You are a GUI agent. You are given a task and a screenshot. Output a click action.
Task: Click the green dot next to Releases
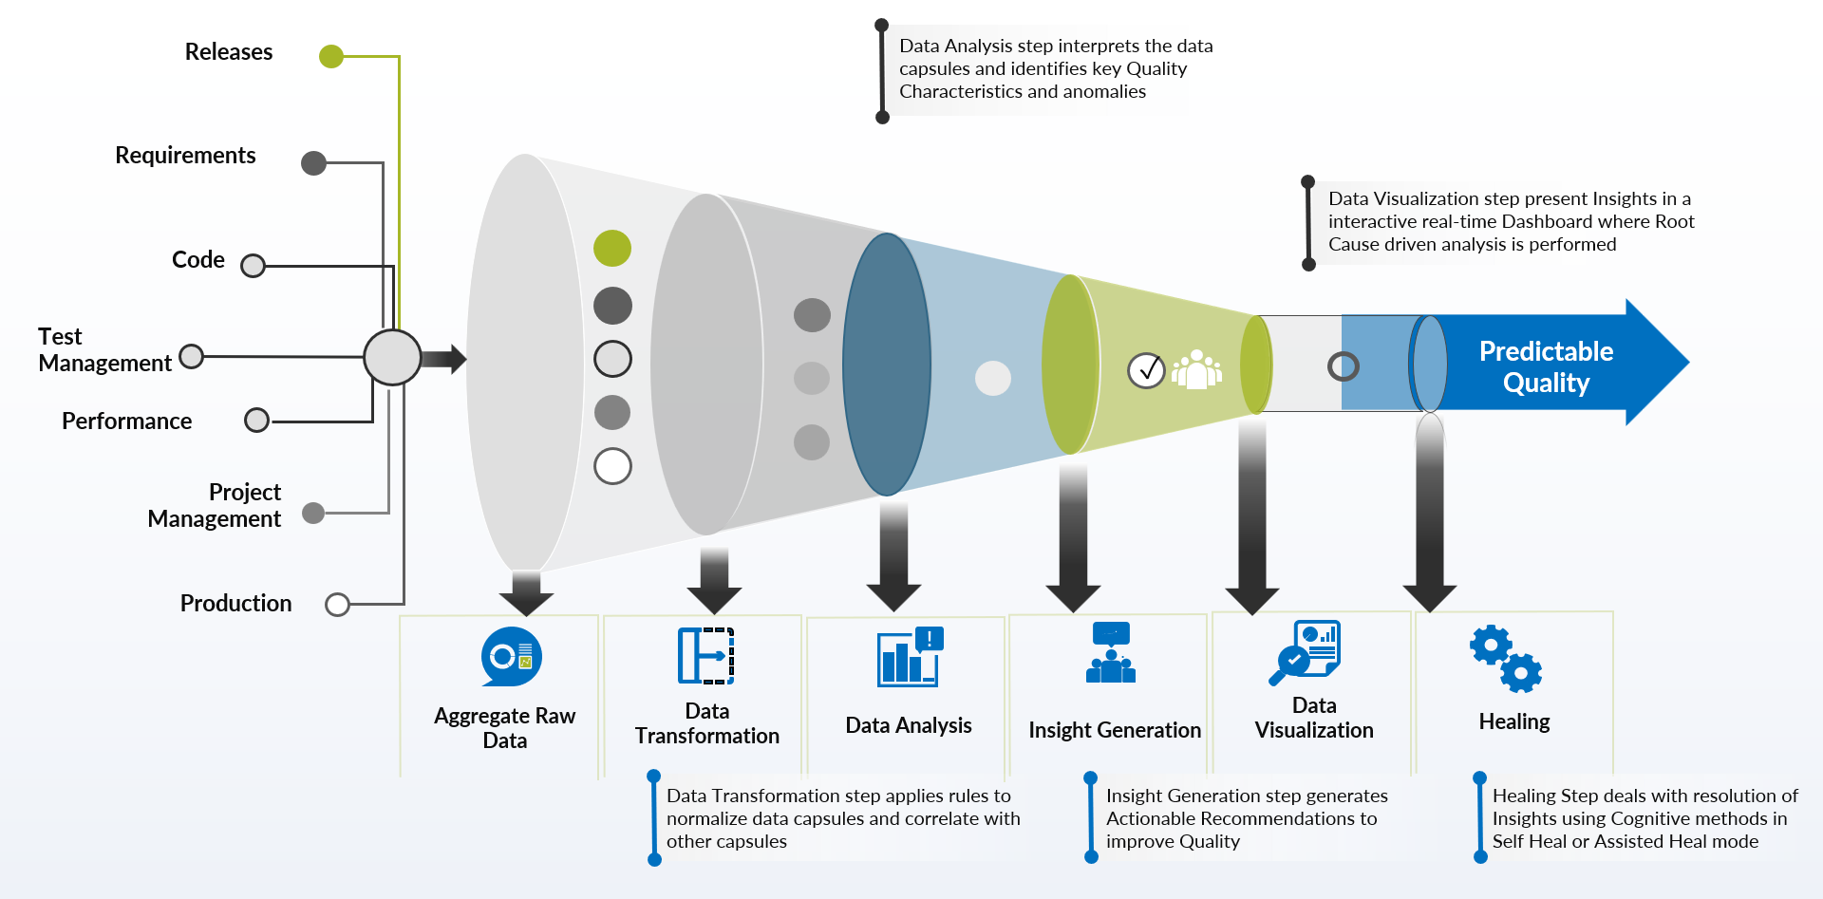click(330, 56)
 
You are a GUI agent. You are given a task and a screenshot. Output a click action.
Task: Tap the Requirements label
click(185, 156)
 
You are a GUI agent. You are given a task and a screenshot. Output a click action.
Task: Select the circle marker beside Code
click(253, 265)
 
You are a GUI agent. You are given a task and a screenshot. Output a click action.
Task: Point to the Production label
click(235, 604)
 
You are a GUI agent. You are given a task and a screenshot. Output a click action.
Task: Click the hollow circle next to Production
click(337, 605)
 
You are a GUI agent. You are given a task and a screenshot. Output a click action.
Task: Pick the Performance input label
click(126, 421)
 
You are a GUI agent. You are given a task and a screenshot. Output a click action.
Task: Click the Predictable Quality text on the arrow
click(1546, 366)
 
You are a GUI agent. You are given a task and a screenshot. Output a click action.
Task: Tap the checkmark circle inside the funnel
click(1146, 370)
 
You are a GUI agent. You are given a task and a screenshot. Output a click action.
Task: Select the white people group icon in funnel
click(1196, 369)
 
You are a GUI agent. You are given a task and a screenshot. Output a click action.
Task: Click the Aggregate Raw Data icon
click(512, 656)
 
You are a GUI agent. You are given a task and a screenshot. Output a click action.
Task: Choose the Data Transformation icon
click(706, 655)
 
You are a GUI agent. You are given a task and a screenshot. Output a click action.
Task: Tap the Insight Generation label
click(1115, 730)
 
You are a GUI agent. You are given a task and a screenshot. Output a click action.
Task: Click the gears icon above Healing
click(1506, 658)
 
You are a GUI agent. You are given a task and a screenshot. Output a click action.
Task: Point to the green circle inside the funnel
click(612, 249)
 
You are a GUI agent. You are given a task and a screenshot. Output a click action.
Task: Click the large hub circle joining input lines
click(392, 357)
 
